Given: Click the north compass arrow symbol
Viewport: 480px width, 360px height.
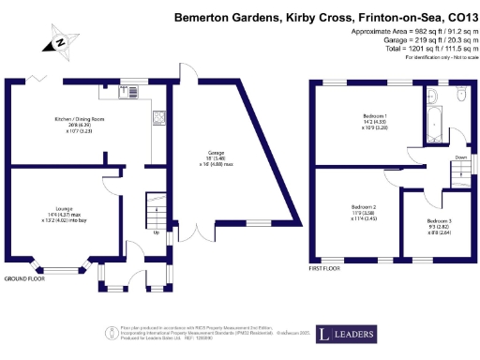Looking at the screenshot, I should click(59, 41).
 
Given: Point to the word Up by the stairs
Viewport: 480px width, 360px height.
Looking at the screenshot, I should click(156, 232).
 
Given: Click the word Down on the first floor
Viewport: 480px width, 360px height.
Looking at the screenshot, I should click(460, 158).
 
